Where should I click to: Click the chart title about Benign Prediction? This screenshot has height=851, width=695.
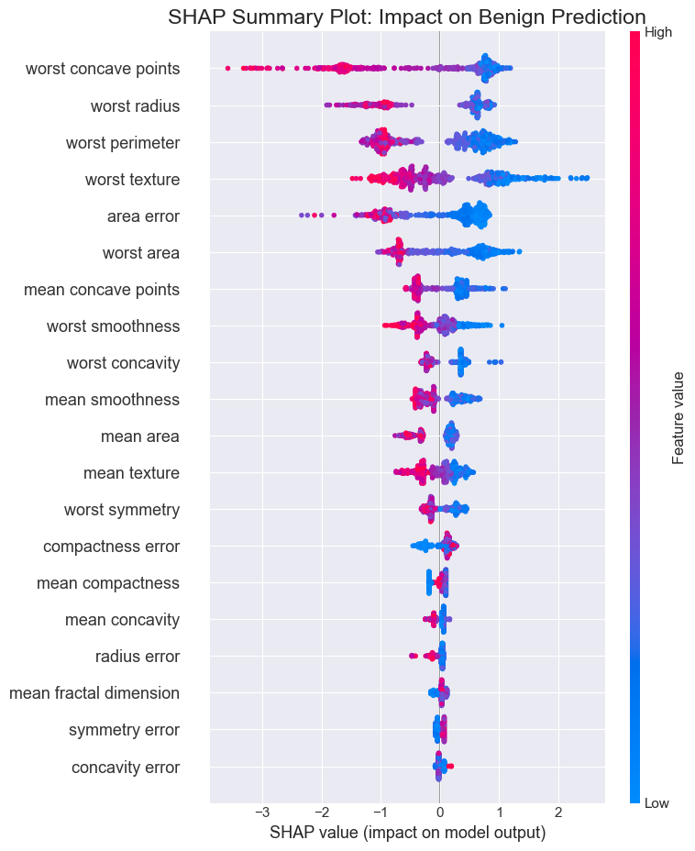coord(407,17)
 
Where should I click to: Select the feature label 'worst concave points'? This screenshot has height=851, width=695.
coord(103,69)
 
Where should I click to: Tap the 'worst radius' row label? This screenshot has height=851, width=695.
coord(135,105)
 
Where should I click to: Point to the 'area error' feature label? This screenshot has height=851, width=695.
coord(143,216)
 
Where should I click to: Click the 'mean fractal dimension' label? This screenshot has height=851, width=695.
coord(94,693)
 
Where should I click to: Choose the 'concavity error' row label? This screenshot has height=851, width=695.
coord(126,768)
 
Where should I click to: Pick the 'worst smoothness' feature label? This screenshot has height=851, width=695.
coord(113,326)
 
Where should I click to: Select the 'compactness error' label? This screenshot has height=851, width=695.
coord(111,547)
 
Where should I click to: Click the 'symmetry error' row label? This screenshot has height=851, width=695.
coord(124,731)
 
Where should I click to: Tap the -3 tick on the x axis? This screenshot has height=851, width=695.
coord(262,812)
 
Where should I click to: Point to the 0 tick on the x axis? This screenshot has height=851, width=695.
coord(439,812)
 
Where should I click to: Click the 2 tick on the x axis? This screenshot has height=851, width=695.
coord(558,812)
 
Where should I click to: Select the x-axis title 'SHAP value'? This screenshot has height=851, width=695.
coord(407,833)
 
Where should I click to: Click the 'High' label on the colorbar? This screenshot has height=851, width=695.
coord(658,33)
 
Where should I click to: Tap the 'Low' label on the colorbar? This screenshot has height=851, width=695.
coord(656,803)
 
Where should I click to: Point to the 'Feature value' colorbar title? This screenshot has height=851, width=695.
coord(678,418)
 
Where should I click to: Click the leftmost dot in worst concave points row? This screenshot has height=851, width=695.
coord(227,68)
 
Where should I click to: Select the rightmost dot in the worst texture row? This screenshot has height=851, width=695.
coord(587,178)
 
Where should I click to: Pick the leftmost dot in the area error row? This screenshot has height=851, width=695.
coord(302,216)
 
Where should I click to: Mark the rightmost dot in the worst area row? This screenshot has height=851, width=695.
coord(519,251)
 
